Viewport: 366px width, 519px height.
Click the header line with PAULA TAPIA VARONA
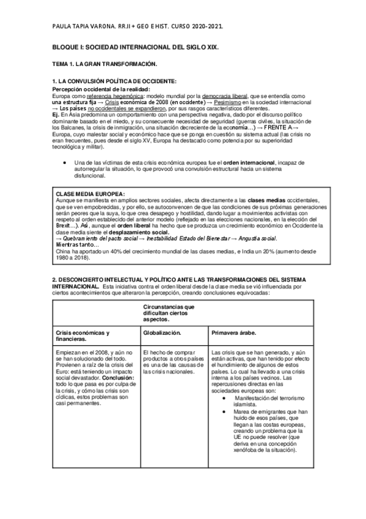(128, 26)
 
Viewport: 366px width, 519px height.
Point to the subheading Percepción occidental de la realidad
(100, 89)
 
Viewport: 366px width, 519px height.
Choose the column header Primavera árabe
(233, 333)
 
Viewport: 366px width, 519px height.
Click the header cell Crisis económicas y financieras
(82, 335)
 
